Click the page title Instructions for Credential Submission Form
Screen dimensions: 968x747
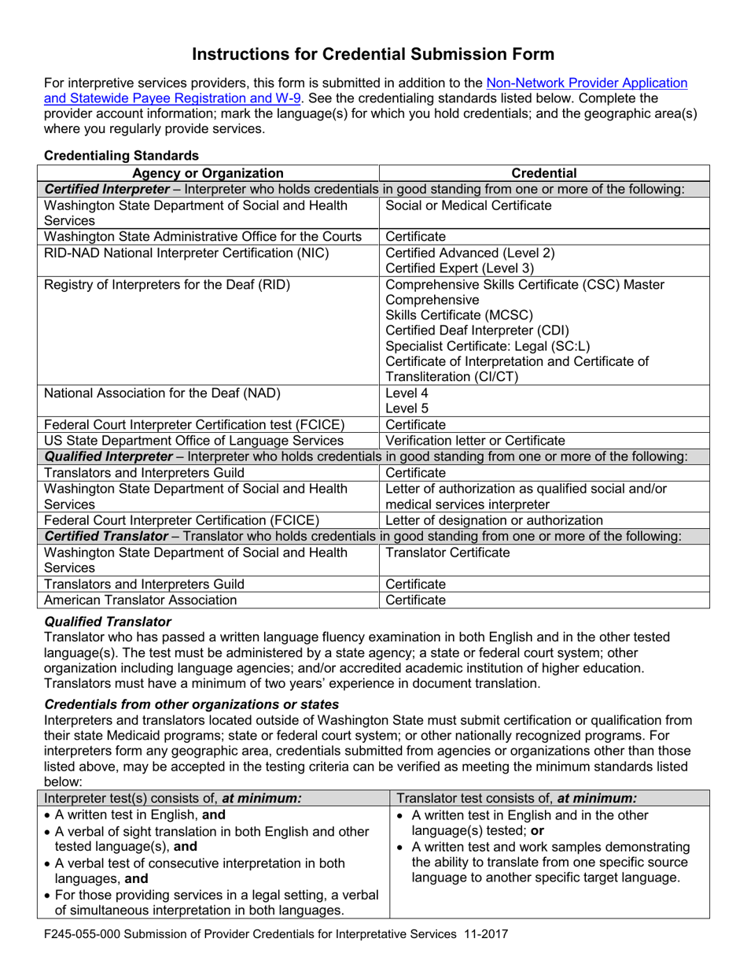click(x=373, y=54)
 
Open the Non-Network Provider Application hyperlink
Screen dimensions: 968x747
click(x=587, y=83)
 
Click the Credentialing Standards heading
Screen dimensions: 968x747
click(x=122, y=156)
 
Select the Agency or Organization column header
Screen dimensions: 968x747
click(x=208, y=173)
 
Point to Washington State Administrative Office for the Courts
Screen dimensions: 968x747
click(x=203, y=236)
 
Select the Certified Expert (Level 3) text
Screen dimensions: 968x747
click(x=459, y=268)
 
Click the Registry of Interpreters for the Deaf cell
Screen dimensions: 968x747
click(x=167, y=285)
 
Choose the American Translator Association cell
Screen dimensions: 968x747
click(x=141, y=600)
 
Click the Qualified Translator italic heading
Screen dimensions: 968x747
click(x=108, y=621)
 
